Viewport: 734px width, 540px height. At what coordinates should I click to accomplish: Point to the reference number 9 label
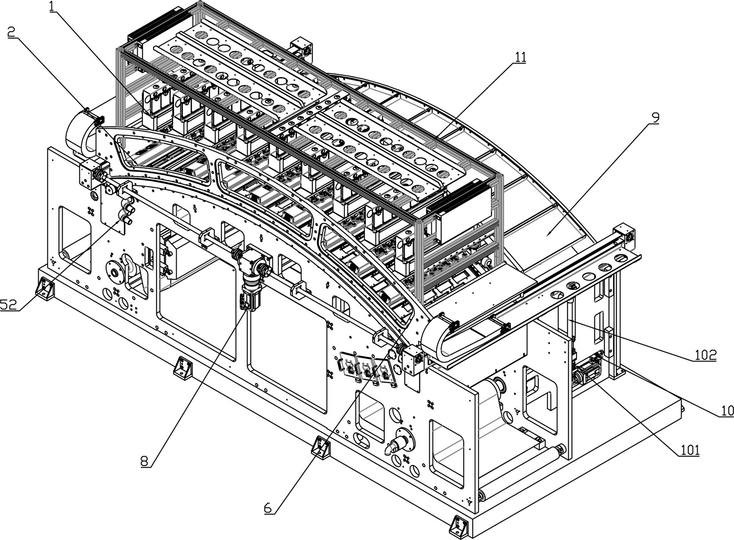coord(655,117)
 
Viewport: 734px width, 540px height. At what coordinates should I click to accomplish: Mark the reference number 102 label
coord(705,355)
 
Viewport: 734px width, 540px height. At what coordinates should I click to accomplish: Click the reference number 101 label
coord(690,450)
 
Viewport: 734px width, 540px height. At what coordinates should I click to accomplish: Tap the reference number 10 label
coord(726,411)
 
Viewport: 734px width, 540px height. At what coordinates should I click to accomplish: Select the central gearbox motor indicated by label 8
coord(250,284)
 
